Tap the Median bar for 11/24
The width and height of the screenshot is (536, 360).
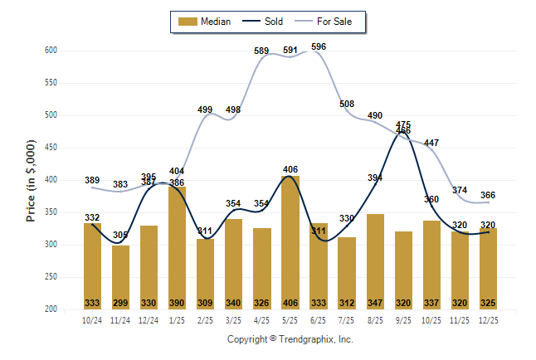pos(121,277)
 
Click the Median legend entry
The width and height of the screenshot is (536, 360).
pos(207,22)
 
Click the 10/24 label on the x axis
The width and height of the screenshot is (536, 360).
pos(93,320)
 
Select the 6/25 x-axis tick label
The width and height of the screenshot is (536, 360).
pos(319,320)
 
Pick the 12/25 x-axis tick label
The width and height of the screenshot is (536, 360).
pos(488,320)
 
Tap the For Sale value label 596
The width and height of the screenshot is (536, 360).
pos(319,46)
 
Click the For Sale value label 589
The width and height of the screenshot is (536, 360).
pos(262,51)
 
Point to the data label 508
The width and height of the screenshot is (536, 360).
pos(347,104)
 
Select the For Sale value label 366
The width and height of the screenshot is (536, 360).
pos(488,195)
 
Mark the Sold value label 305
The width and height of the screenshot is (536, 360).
pos(121,235)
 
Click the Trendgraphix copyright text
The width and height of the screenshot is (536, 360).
pos(290,339)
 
